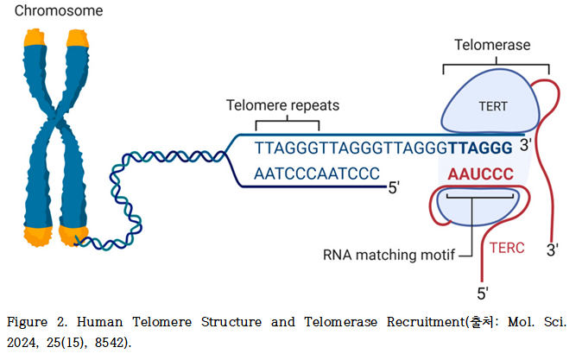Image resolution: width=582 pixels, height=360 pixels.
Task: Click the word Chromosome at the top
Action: tap(59, 10)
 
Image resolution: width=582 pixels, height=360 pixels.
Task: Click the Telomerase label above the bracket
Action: tap(492, 45)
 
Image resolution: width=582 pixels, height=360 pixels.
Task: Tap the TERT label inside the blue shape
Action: tap(493, 106)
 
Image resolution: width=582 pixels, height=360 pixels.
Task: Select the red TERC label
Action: tap(507, 248)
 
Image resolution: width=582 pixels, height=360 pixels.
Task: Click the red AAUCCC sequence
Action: tap(481, 174)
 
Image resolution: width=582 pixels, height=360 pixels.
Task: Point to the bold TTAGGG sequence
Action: tap(481, 148)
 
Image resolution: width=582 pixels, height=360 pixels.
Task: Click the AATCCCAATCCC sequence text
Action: tap(317, 174)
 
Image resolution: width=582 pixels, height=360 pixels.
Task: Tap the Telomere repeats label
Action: tap(283, 105)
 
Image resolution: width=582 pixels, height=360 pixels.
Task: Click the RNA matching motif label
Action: tap(389, 255)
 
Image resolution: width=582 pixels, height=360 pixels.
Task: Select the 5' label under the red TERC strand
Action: tap(483, 294)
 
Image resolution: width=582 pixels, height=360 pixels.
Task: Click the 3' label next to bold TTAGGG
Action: tap(526, 145)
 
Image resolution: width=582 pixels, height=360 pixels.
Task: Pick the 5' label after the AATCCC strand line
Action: tap(394, 188)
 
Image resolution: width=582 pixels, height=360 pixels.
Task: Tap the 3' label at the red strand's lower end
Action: tap(553, 250)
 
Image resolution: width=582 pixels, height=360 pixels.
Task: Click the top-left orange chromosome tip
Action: tap(35, 38)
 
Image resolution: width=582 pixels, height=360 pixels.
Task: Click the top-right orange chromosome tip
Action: tap(78, 38)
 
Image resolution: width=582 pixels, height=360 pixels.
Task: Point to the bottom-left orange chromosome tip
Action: tap(38, 236)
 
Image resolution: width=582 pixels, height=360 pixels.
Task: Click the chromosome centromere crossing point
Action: tap(56, 118)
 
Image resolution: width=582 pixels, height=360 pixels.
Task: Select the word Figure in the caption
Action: tap(27, 321)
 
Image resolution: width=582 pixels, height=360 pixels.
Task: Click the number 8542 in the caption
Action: tap(109, 343)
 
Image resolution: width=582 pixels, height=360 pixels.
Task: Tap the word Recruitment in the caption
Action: tap(426, 321)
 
